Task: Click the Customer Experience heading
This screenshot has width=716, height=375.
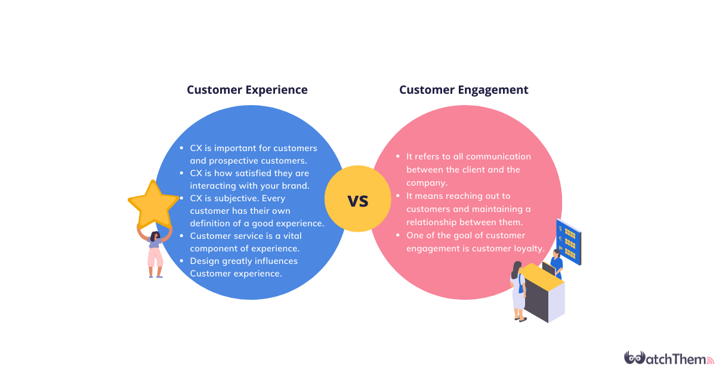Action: [247, 90]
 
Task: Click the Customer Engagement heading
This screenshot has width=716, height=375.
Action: [464, 90]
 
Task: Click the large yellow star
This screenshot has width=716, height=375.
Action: [153, 204]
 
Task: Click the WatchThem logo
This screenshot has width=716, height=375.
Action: [668, 358]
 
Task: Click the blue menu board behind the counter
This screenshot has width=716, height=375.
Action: [568, 241]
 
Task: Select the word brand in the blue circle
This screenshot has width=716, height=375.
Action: [295, 186]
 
